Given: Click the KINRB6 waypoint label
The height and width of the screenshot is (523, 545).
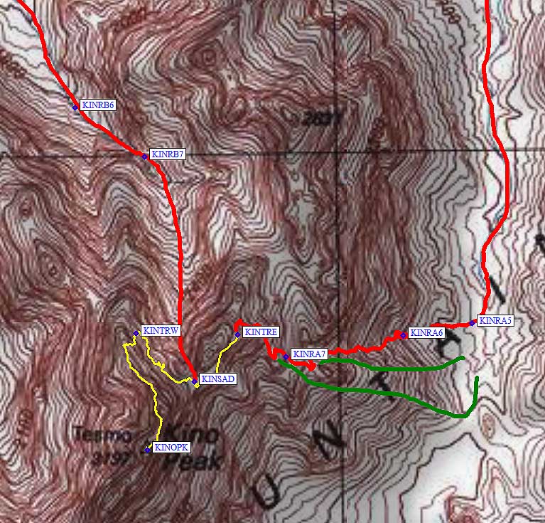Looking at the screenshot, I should [98, 105].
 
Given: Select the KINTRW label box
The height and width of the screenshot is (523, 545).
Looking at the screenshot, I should [161, 331].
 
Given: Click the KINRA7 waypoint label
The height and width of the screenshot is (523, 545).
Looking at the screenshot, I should [309, 354].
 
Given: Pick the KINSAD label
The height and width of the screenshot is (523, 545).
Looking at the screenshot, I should [217, 379].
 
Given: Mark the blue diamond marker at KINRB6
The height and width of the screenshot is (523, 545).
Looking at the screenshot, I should [75, 107].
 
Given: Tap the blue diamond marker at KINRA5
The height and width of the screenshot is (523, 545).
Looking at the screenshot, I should [473, 323].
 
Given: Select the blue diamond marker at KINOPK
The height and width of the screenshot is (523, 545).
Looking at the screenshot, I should [147, 450].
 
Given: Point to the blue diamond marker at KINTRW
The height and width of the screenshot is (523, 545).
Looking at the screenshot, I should [136, 333].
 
